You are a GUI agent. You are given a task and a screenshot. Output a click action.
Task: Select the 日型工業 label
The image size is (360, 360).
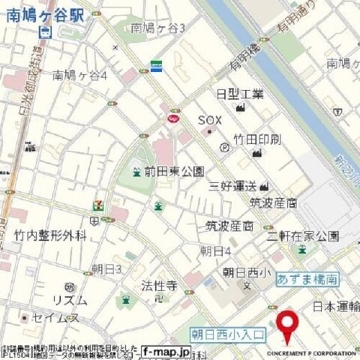click(x=240, y=94)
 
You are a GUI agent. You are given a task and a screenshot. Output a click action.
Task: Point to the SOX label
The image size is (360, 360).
click(x=211, y=120)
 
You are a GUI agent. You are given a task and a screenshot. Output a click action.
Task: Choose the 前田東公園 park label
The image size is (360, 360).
click(x=174, y=172)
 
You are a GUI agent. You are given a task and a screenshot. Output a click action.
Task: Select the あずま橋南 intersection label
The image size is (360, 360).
click(x=307, y=278)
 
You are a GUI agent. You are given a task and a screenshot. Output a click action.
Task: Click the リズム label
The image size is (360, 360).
click(x=69, y=300)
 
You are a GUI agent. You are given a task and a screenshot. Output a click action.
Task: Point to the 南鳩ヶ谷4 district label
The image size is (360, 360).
click(x=80, y=75)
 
